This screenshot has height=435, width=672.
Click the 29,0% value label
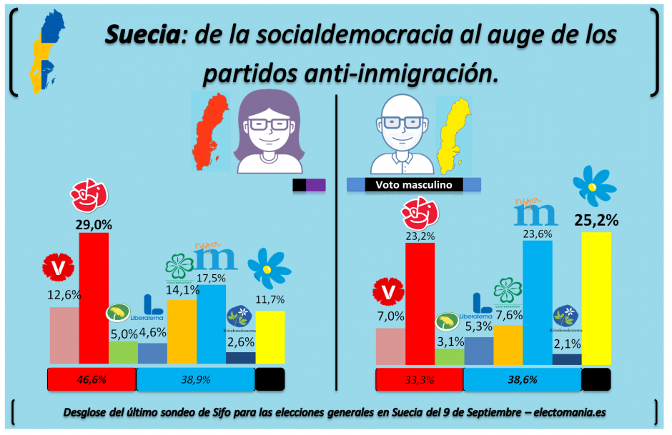pos(93,224)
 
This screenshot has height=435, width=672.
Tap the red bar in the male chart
pos(420,304)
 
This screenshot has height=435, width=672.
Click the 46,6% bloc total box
pos(92,380)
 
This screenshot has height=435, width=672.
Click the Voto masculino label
pos(413,185)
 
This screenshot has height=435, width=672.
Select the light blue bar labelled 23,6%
pos(537,303)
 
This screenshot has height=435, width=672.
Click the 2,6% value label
pos(240,343)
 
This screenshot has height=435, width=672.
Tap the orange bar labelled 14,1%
pos(181,331)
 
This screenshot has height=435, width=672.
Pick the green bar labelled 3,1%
pos(449,356)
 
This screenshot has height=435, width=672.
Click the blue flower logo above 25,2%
pos(591,184)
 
